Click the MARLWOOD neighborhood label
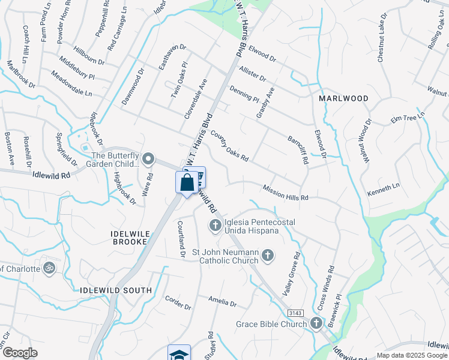(x=343, y=98)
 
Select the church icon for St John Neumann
(x=268, y=256)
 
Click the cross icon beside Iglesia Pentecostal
(x=215, y=226)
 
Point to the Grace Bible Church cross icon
(x=316, y=324)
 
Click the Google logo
(x=20, y=352)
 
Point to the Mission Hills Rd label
(x=285, y=193)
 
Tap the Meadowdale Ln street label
(x=71, y=85)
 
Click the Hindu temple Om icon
(x=49, y=268)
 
